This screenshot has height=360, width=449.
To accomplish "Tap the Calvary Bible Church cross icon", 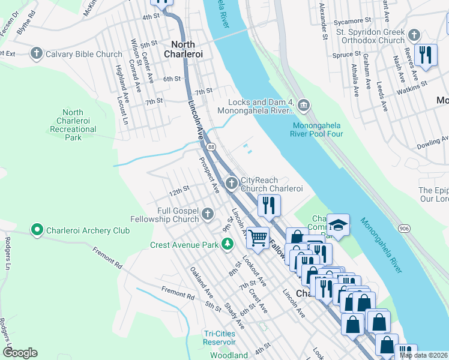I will tap(37, 54).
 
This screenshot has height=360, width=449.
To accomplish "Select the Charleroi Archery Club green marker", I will tap(37, 230).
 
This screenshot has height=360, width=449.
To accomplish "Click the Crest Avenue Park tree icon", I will tap(227, 244).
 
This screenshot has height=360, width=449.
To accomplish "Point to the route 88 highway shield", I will tap(211, 147).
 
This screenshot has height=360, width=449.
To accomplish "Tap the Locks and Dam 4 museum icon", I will tap(303, 106).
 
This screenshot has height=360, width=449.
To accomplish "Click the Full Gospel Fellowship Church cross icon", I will tap(207, 214).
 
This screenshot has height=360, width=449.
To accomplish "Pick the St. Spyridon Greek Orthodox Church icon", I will tap(414, 35).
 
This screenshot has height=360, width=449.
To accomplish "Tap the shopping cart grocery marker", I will tap(258, 236).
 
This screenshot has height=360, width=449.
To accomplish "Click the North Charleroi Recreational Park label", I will tap(73, 125).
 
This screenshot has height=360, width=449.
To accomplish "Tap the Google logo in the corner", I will tap(20, 352).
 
